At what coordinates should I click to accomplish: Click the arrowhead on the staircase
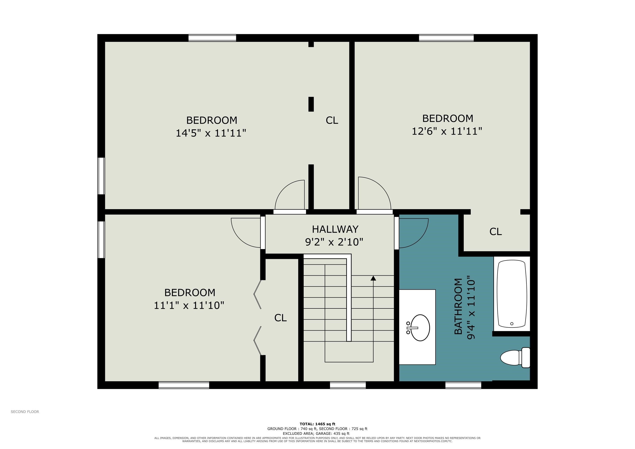(373, 278)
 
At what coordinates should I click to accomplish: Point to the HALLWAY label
(335, 229)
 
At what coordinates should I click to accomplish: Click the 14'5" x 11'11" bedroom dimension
(211, 133)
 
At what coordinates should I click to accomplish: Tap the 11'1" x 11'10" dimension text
(189, 305)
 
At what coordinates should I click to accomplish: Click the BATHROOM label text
(458, 306)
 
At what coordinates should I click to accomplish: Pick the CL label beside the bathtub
(496, 232)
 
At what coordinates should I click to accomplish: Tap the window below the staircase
(348, 385)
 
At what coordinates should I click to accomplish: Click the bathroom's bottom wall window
(463, 385)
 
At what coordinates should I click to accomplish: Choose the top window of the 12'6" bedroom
(446, 38)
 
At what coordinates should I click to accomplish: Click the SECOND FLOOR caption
(25, 412)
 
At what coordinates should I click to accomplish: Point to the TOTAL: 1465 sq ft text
(317, 424)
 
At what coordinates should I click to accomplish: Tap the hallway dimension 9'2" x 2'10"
(334, 242)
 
